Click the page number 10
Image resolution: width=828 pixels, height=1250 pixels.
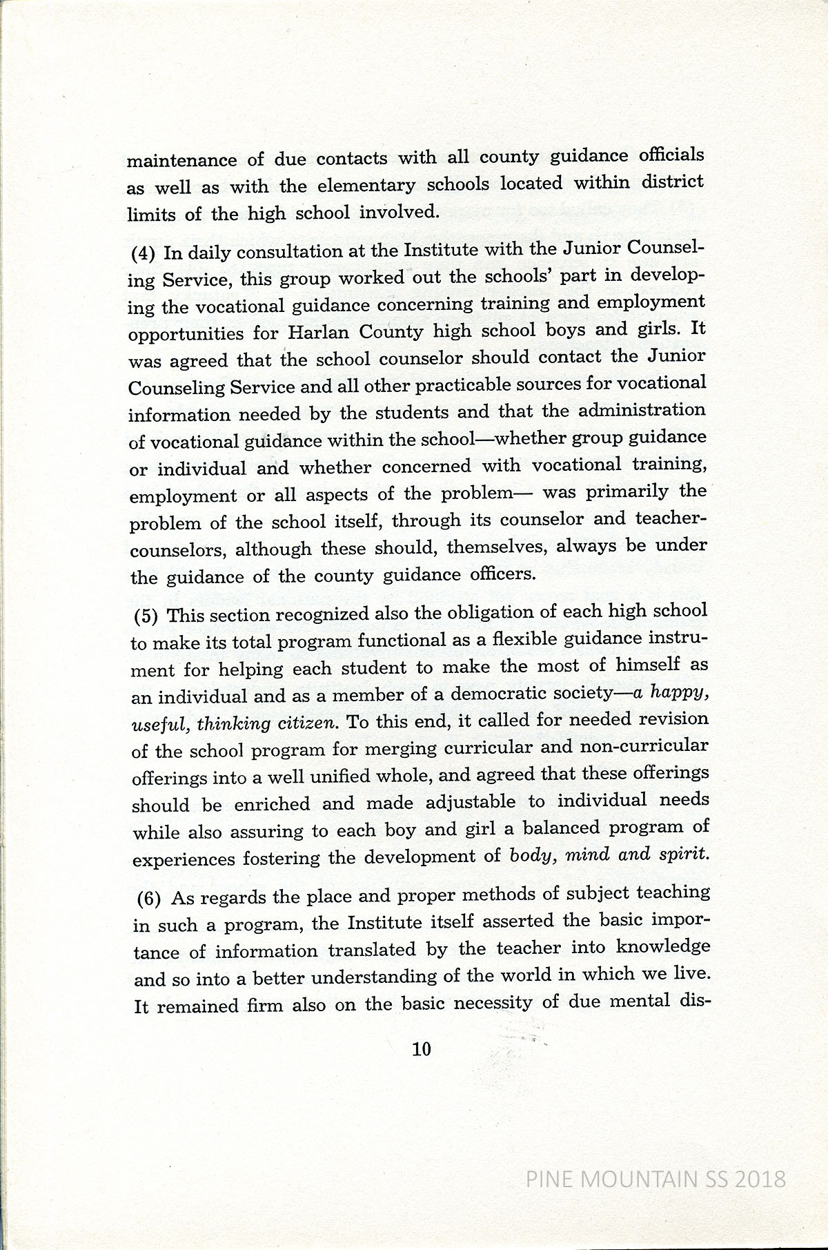[421, 1050]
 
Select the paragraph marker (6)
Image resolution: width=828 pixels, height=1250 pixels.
[148, 899]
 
